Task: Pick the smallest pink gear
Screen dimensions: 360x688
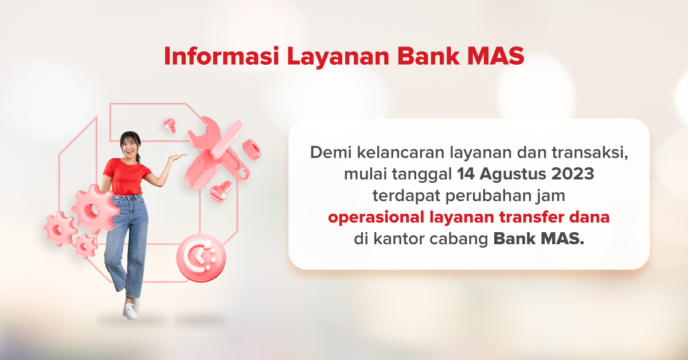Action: tap(85, 245)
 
